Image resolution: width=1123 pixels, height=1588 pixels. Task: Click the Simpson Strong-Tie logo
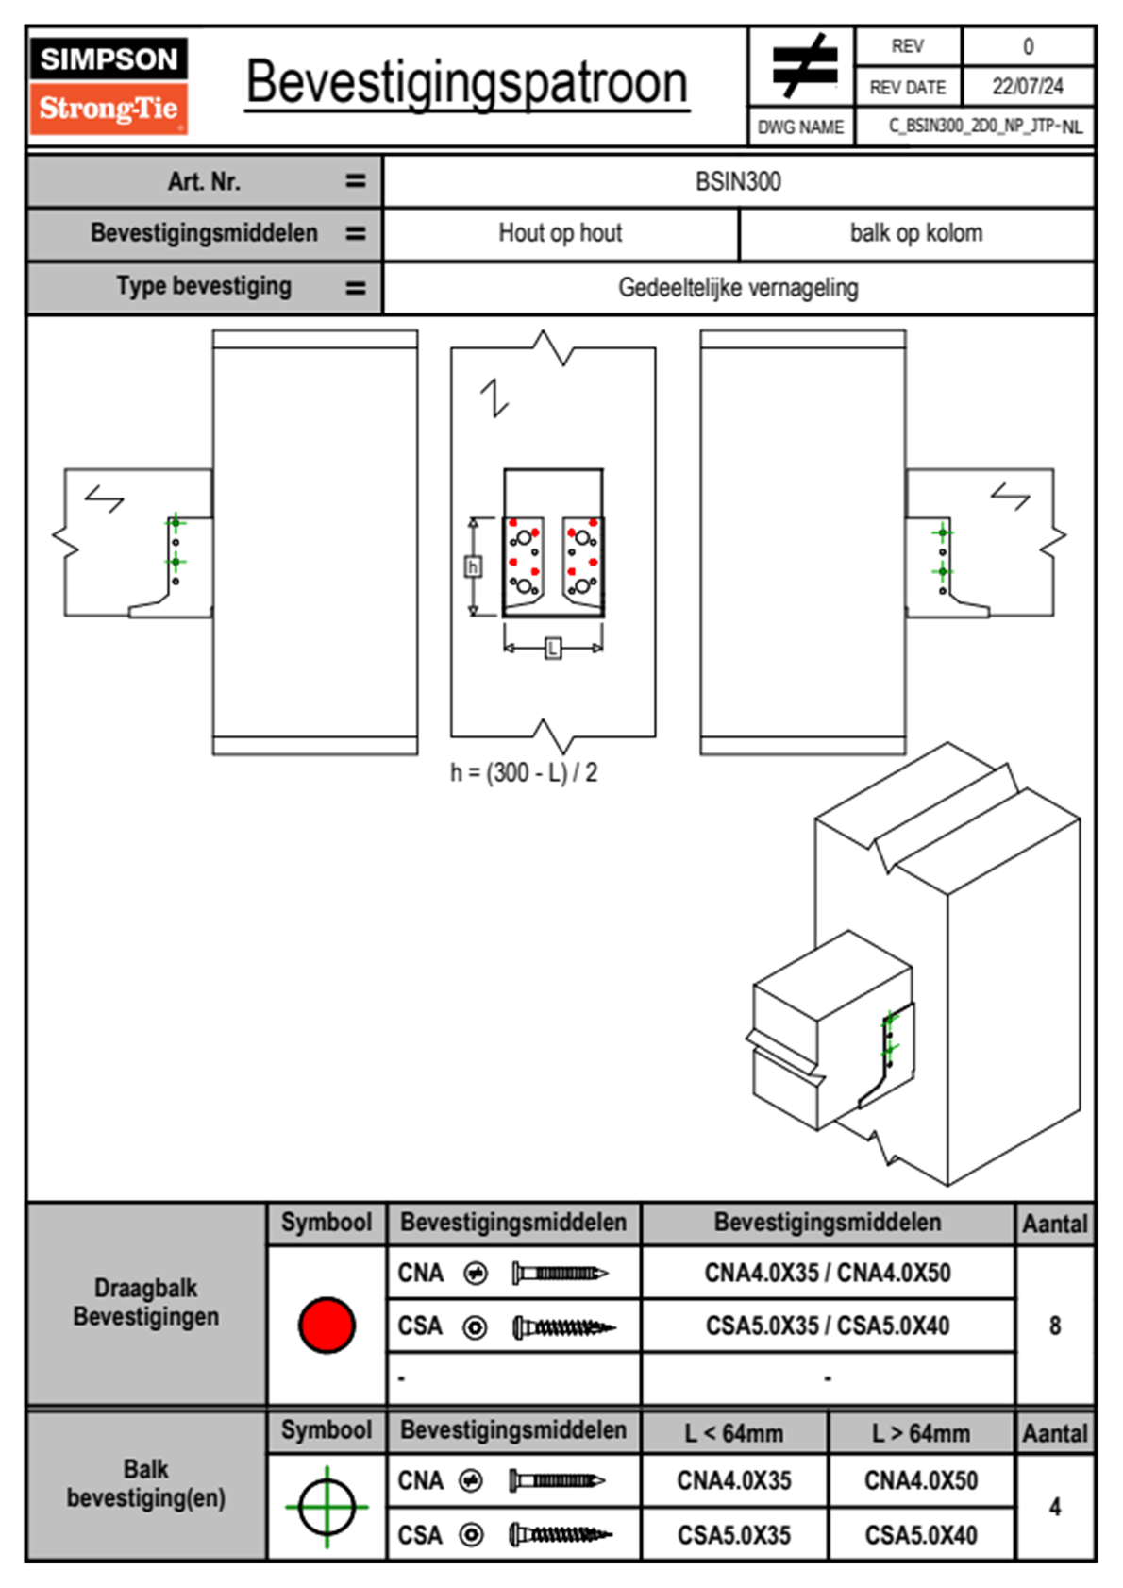109,86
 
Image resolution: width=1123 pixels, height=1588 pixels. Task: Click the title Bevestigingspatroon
466,83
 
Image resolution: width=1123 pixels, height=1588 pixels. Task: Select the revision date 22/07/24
1027,87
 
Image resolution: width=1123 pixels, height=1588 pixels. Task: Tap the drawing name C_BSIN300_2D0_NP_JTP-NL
984,127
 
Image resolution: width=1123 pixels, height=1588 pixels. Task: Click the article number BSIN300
738,182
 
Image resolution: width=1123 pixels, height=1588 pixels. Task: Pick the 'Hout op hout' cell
561,233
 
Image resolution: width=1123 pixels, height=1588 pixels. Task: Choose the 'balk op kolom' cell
916,233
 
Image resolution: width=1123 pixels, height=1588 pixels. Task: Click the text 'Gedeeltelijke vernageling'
738,288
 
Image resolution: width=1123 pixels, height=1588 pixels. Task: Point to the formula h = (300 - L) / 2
524,773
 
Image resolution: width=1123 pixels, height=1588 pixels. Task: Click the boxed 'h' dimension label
474,566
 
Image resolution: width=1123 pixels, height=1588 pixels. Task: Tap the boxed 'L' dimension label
553,648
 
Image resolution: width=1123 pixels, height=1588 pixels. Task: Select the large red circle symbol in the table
327,1325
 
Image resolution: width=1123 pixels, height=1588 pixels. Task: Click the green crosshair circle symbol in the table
327,1507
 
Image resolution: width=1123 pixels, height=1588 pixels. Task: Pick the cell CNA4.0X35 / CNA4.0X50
828,1274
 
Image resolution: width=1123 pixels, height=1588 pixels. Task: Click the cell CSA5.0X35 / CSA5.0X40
828,1326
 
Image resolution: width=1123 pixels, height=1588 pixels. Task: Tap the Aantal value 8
1055,1326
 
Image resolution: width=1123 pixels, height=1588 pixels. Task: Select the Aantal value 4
1055,1507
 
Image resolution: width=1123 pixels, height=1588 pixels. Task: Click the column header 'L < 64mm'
734,1433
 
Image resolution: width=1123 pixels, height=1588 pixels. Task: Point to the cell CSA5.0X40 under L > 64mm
921,1535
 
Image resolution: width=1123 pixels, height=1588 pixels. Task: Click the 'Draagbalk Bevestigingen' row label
146,1302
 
